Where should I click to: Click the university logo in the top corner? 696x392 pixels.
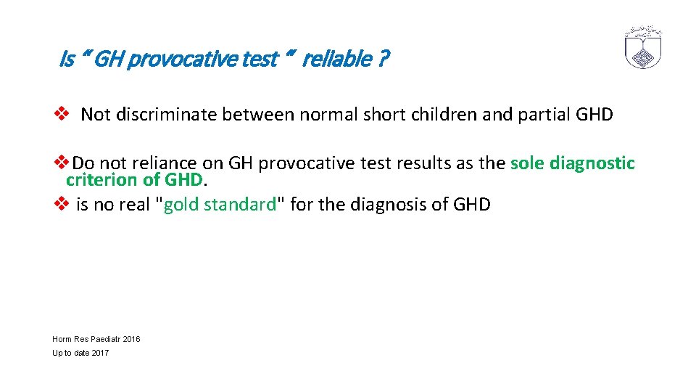click(644, 48)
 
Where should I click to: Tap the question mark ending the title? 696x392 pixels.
click(382, 59)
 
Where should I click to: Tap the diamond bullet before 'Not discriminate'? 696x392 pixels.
click(62, 114)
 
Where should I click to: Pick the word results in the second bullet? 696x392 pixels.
click(424, 164)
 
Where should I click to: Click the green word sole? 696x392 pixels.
click(527, 164)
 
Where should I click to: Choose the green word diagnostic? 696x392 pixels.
click(592, 164)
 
